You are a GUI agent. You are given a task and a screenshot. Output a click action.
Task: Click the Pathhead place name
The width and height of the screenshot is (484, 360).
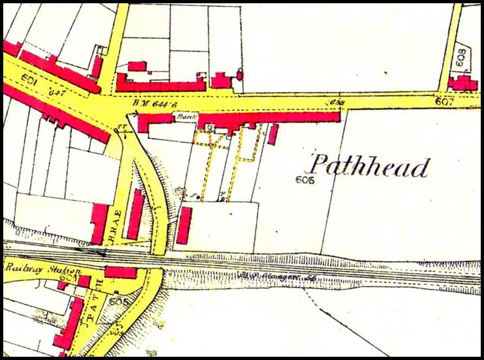tap(369, 166)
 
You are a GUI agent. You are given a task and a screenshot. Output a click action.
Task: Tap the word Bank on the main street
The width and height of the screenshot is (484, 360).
tap(183, 116)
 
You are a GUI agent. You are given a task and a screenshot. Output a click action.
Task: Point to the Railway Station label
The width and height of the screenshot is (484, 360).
tap(43, 269)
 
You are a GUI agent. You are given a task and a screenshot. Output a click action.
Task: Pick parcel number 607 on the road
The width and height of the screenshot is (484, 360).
tap(444, 102)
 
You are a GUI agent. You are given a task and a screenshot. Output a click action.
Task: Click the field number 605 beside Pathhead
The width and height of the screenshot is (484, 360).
tap(305, 179)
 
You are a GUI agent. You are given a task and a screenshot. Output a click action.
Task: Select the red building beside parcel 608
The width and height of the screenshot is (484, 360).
tap(466, 83)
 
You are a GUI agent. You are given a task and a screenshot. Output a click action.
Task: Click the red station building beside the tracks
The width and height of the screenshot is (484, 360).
tap(120, 272)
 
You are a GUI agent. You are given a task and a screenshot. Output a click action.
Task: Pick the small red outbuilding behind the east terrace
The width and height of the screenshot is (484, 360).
tap(273, 134)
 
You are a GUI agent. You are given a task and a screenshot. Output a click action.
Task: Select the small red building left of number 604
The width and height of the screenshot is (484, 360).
tap(63, 285)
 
